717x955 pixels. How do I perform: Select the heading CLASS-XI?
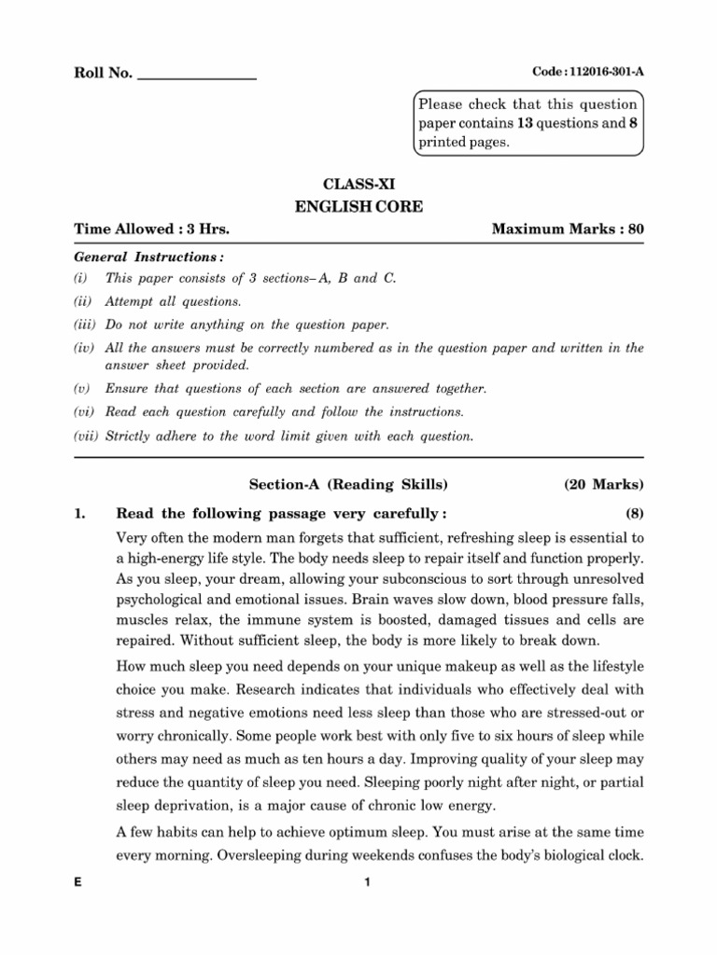point(358,186)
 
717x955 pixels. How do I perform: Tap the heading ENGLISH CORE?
point(358,207)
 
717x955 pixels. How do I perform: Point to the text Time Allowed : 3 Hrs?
point(151,229)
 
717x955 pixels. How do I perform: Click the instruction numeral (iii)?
point(85,324)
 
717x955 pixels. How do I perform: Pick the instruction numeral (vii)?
point(86,436)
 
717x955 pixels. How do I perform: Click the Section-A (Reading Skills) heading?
point(348,484)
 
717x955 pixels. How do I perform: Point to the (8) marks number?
point(634,512)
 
